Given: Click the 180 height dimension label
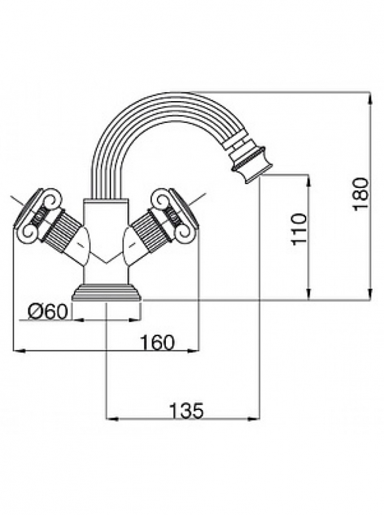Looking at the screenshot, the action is [360, 194].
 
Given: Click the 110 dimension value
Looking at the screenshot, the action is [298, 229].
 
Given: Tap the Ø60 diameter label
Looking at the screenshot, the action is [48, 312].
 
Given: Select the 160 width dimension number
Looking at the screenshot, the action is [158, 342].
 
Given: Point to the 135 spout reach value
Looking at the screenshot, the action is [187, 411].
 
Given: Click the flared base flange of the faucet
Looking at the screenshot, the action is [107, 292].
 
